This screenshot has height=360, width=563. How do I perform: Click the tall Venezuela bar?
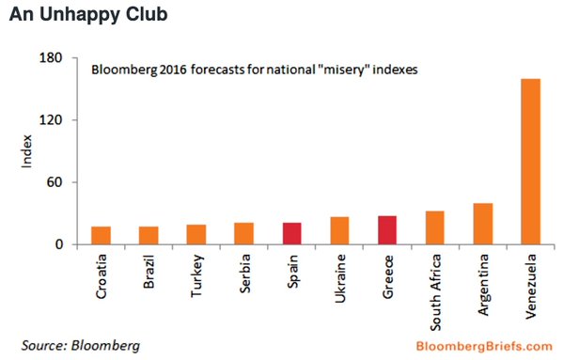531,162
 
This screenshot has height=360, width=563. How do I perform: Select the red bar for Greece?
387,230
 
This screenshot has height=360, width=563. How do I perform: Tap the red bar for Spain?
292,234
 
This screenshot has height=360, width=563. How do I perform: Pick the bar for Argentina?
483,224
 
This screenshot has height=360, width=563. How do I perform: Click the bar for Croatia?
101,235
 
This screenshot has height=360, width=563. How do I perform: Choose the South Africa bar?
435,227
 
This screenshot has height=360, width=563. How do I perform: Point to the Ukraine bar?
339,231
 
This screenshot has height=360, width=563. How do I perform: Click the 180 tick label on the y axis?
50,57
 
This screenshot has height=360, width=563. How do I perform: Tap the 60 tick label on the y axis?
55,182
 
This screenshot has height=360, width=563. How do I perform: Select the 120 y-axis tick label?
50,120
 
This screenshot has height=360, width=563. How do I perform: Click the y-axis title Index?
26,151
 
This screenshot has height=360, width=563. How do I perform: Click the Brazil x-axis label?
149,272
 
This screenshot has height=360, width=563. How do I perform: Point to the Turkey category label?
197,275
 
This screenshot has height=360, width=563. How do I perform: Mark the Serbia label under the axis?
244,274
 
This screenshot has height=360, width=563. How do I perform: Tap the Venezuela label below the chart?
530,287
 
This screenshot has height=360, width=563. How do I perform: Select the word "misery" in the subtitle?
343,70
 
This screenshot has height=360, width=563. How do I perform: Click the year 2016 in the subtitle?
173,70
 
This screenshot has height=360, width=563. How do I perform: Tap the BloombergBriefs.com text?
484,346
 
